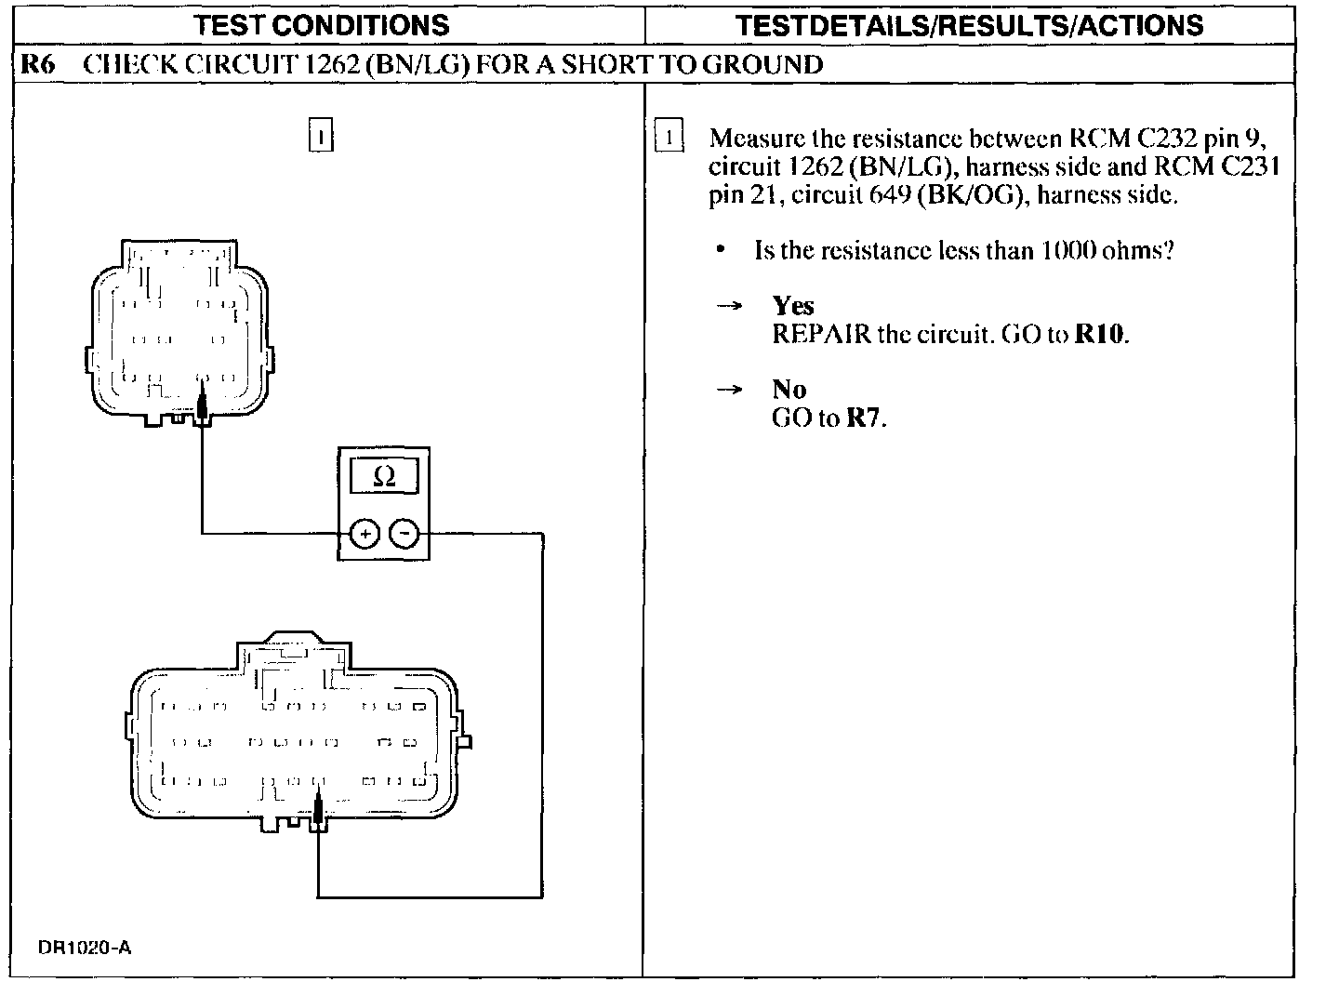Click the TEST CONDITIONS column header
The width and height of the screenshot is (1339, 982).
point(322,25)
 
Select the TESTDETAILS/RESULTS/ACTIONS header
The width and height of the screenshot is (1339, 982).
point(969,25)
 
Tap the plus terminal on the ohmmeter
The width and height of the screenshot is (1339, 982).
point(365,534)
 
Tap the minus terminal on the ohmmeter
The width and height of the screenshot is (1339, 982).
point(404,534)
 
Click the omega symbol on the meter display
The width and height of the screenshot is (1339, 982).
point(383,477)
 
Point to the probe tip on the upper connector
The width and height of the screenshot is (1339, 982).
point(202,405)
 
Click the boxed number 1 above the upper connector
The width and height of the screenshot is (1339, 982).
point(320,136)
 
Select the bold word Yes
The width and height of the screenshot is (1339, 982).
point(792,306)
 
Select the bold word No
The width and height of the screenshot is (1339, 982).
point(789,390)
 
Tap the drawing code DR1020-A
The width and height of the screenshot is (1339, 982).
point(85,949)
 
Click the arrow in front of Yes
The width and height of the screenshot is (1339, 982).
point(730,306)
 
